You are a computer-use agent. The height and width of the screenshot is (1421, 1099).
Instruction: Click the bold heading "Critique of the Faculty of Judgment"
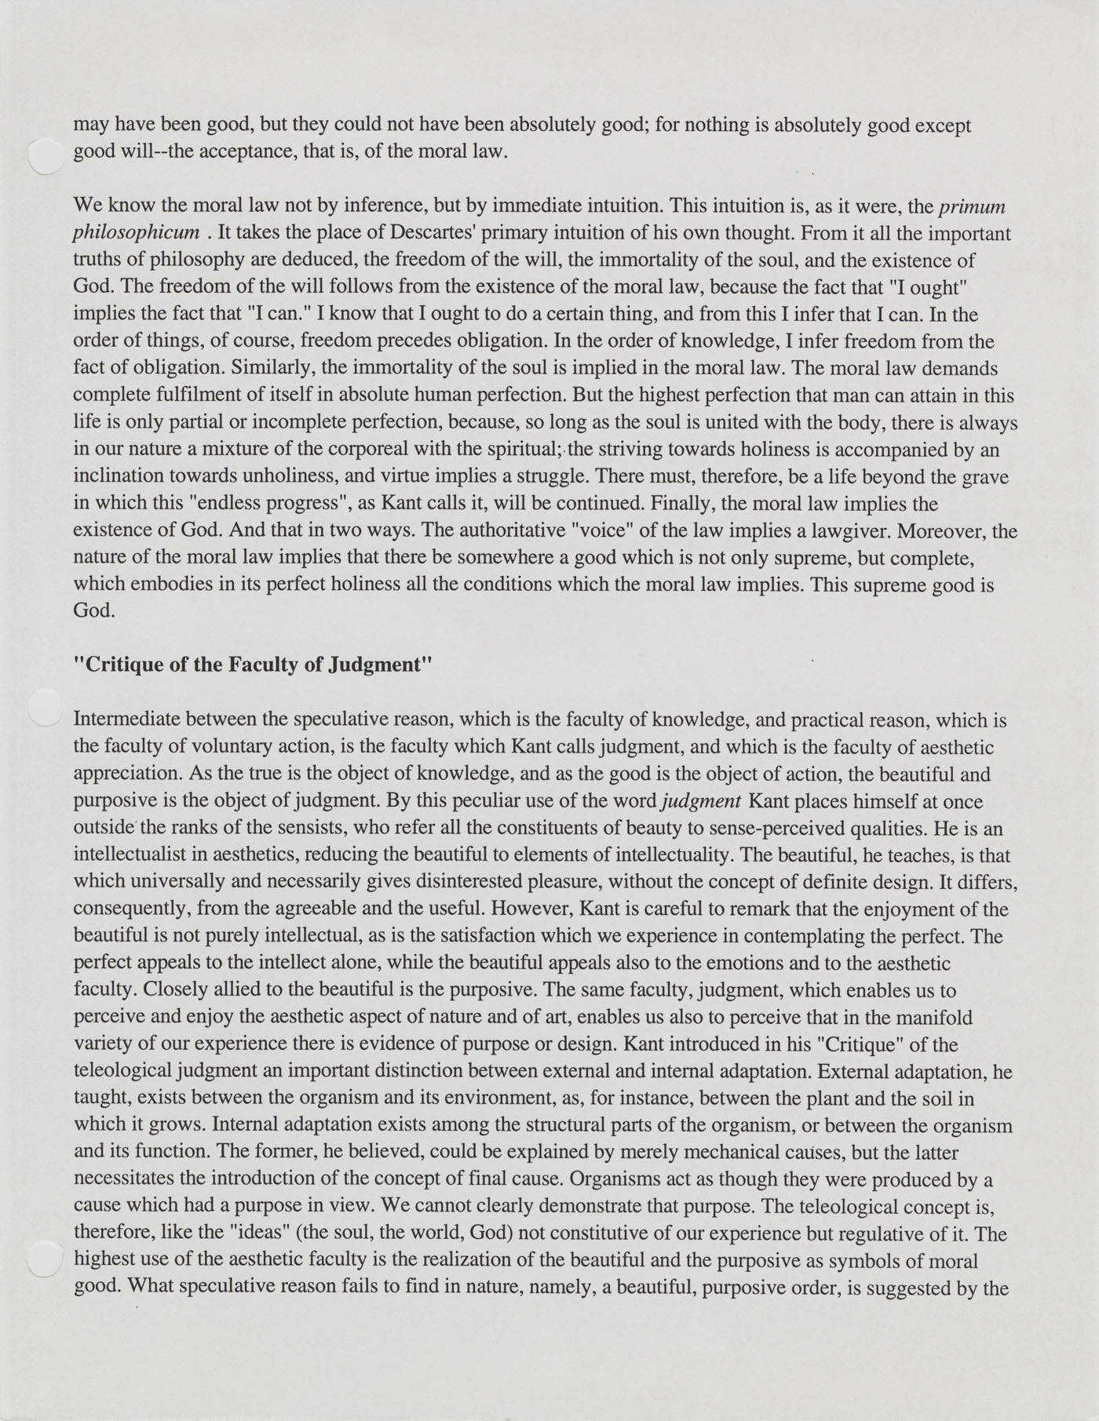click(253, 665)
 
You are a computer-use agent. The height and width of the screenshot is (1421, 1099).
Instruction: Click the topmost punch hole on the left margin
click(44, 155)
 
